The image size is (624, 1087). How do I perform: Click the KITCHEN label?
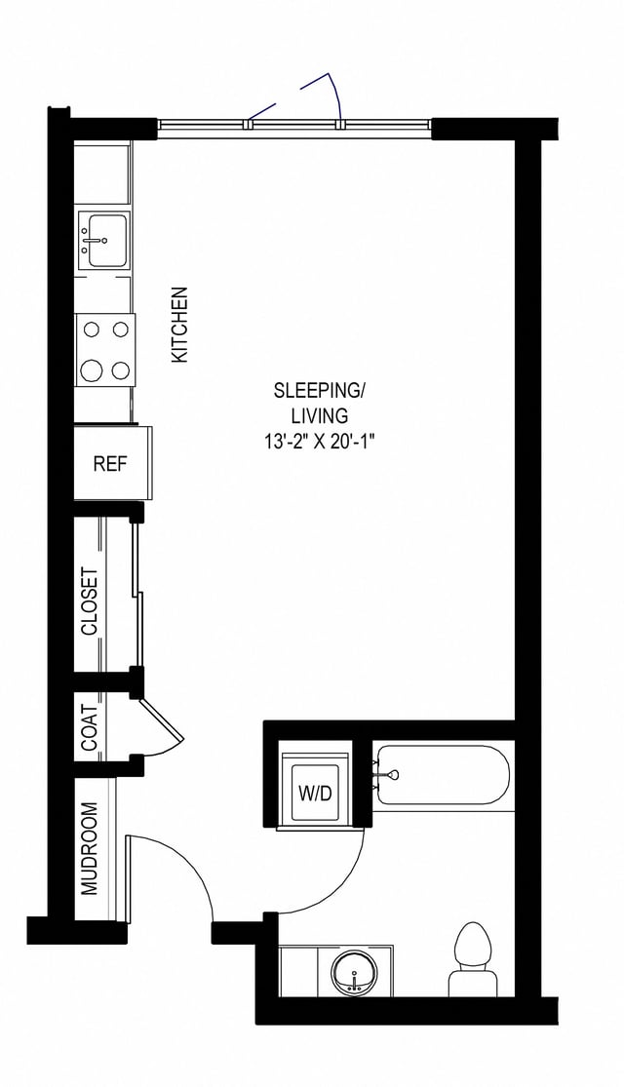tap(179, 325)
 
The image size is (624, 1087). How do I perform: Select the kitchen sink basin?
tap(104, 238)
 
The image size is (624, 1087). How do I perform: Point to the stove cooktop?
tap(105, 349)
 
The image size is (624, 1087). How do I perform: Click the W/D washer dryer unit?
tap(314, 792)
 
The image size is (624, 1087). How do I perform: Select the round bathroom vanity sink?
tap(352, 973)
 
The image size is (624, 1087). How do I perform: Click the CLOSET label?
tap(90, 601)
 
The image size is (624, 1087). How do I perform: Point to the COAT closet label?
tap(90, 727)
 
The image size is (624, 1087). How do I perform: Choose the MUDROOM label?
tap(90, 848)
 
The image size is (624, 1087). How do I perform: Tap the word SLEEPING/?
tap(319, 392)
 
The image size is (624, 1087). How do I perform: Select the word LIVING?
tap(319, 416)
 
